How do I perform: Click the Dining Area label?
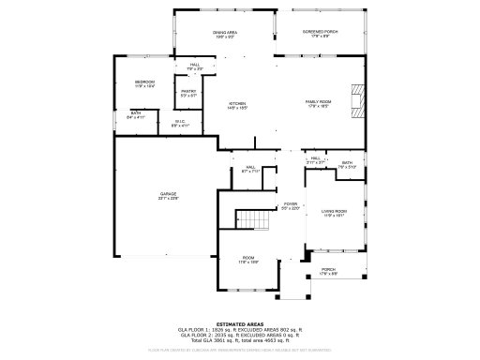225,34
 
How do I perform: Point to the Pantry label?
187,93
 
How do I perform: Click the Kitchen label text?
238,106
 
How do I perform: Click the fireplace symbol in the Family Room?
354,100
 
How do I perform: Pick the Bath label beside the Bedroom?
135,116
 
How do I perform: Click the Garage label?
168,196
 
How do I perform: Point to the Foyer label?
291,205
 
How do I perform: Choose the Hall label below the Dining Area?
195,66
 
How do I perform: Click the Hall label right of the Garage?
251,169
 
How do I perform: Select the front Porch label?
329,271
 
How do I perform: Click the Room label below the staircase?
248,260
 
